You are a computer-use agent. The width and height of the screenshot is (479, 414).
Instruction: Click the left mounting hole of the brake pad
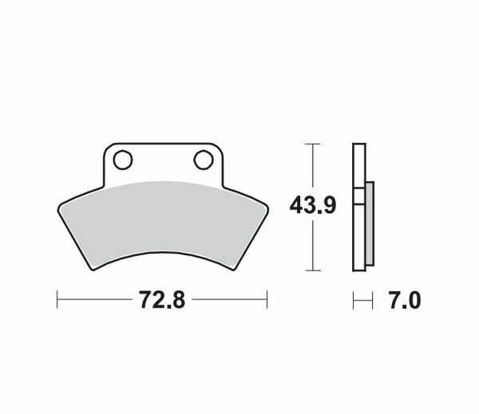[x=122, y=160]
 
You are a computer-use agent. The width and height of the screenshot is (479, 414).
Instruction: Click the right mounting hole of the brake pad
[x=203, y=160]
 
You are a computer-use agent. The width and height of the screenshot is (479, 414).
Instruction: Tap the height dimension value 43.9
[x=312, y=206]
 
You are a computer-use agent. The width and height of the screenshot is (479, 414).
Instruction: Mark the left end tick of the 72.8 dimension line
[x=57, y=300]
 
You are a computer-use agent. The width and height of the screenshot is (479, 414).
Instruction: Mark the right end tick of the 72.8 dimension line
[x=267, y=300]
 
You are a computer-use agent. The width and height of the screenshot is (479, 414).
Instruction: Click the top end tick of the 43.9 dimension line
[x=312, y=144]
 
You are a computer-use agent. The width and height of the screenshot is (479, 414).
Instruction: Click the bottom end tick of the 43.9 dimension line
[x=312, y=270]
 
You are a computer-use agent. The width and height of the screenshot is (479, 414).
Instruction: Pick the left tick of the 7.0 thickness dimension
[x=353, y=300]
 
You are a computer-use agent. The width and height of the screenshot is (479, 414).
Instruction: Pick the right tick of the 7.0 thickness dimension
[x=373, y=300]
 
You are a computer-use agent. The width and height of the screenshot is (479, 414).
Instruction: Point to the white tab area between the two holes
[x=162, y=164]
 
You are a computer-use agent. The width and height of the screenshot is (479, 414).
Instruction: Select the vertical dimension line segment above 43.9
[x=312, y=168]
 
